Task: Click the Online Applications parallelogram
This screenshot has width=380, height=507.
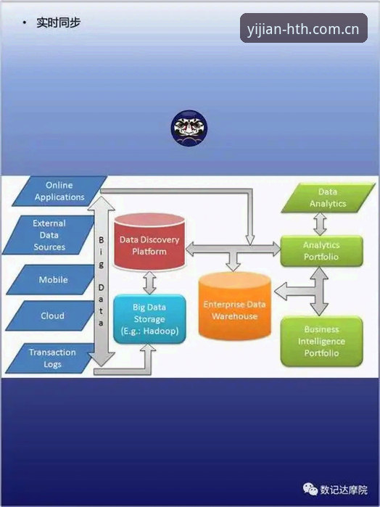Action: pos(59,191)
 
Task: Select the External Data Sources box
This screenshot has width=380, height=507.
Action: pos(49,235)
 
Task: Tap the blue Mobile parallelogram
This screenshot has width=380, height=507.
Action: pos(51,280)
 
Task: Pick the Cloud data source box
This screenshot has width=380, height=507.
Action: pos(51,316)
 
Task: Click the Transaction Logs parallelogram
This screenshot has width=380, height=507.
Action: pos(51,358)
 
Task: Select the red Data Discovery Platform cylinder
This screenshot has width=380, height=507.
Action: pos(149,242)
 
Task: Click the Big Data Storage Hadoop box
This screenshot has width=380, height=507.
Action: pos(149,319)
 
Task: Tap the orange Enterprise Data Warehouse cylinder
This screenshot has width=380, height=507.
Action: pos(234,306)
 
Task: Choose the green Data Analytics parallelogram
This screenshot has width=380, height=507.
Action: pos(328,197)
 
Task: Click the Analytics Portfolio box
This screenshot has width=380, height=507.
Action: pos(321,251)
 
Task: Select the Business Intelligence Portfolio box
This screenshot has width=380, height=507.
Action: pos(321,341)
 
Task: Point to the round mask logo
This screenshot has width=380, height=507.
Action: pos(189,128)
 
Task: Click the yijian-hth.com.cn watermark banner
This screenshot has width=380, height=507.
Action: pos(303,28)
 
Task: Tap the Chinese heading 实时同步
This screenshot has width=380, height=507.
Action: pos(58,22)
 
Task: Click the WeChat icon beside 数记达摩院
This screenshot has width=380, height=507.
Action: pos(310,489)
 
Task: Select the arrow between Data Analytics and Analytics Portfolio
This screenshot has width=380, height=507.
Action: pos(320,223)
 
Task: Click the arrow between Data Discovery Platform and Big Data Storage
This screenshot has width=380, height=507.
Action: pos(149,283)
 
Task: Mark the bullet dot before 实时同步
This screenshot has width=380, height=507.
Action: pos(24,22)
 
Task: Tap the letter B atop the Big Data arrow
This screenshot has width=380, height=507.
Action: pos(102,240)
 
